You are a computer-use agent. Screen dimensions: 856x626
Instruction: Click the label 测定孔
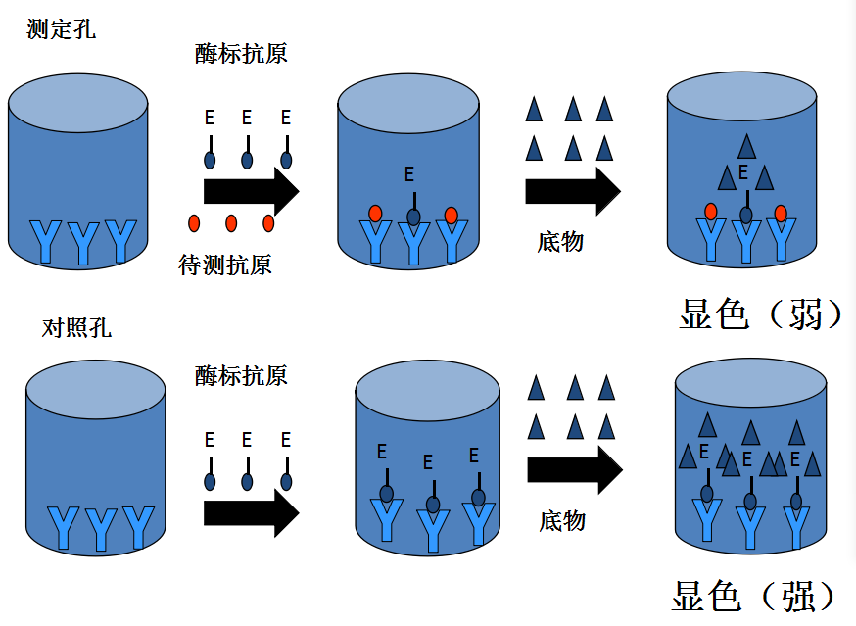tap(61, 29)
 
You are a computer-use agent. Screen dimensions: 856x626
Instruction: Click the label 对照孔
tap(76, 328)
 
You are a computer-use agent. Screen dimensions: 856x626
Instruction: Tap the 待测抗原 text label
tap(225, 265)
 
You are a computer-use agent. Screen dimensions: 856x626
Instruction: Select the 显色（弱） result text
tap(760, 314)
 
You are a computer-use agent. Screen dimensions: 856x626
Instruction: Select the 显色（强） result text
tap(753, 596)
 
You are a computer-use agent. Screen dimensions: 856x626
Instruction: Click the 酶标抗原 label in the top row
tap(241, 54)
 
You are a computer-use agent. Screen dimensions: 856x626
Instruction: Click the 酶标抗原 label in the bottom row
tap(241, 376)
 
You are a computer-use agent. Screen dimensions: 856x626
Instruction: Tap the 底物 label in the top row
tap(560, 241)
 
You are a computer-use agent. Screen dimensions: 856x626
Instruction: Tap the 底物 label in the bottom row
tap(562, 520)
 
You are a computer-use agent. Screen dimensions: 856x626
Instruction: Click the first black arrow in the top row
tap(252, 191)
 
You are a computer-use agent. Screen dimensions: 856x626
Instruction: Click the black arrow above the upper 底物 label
tap(573, 191)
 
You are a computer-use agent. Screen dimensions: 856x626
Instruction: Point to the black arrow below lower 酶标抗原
tap(252, 513)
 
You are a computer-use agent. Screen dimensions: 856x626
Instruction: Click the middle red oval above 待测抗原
tap(231, 223)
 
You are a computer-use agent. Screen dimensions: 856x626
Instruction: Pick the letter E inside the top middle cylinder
tap(408, 174)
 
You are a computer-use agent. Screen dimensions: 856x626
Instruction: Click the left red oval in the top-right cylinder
tap(710, 212)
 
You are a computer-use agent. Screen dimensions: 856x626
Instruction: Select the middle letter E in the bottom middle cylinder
tap(428, 462)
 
